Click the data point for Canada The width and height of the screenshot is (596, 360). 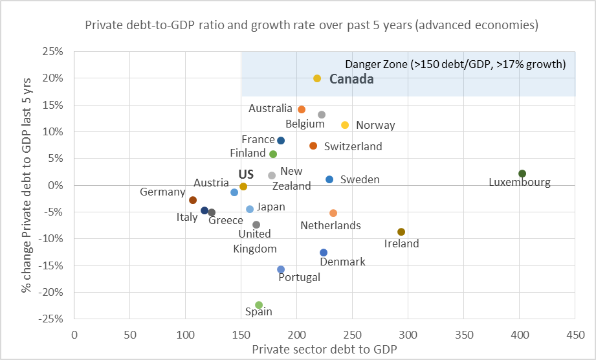click(317, 78)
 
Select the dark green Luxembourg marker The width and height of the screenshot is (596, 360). click(522, 174)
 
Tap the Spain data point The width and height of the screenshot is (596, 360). click(259, 305)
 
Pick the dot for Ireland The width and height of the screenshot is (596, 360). click(401, 232)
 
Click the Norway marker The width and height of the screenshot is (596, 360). click(345, 125)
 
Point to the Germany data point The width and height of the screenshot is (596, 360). click(193, 200)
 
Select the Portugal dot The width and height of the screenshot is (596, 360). click(281, 269)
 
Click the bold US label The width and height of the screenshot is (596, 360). click(246, 174)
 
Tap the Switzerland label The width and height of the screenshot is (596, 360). click(353, 146)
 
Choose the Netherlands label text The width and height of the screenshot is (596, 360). click(331, 225)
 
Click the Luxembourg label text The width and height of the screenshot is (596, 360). click(520, 183)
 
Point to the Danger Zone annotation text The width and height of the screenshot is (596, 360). click(456, 64)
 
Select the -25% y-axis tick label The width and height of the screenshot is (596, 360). click(52, 319)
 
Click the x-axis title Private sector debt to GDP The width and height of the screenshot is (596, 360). click(324, 348)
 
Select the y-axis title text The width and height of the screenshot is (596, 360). click(27, 185)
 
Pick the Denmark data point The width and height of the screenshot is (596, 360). click(324, 253)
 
